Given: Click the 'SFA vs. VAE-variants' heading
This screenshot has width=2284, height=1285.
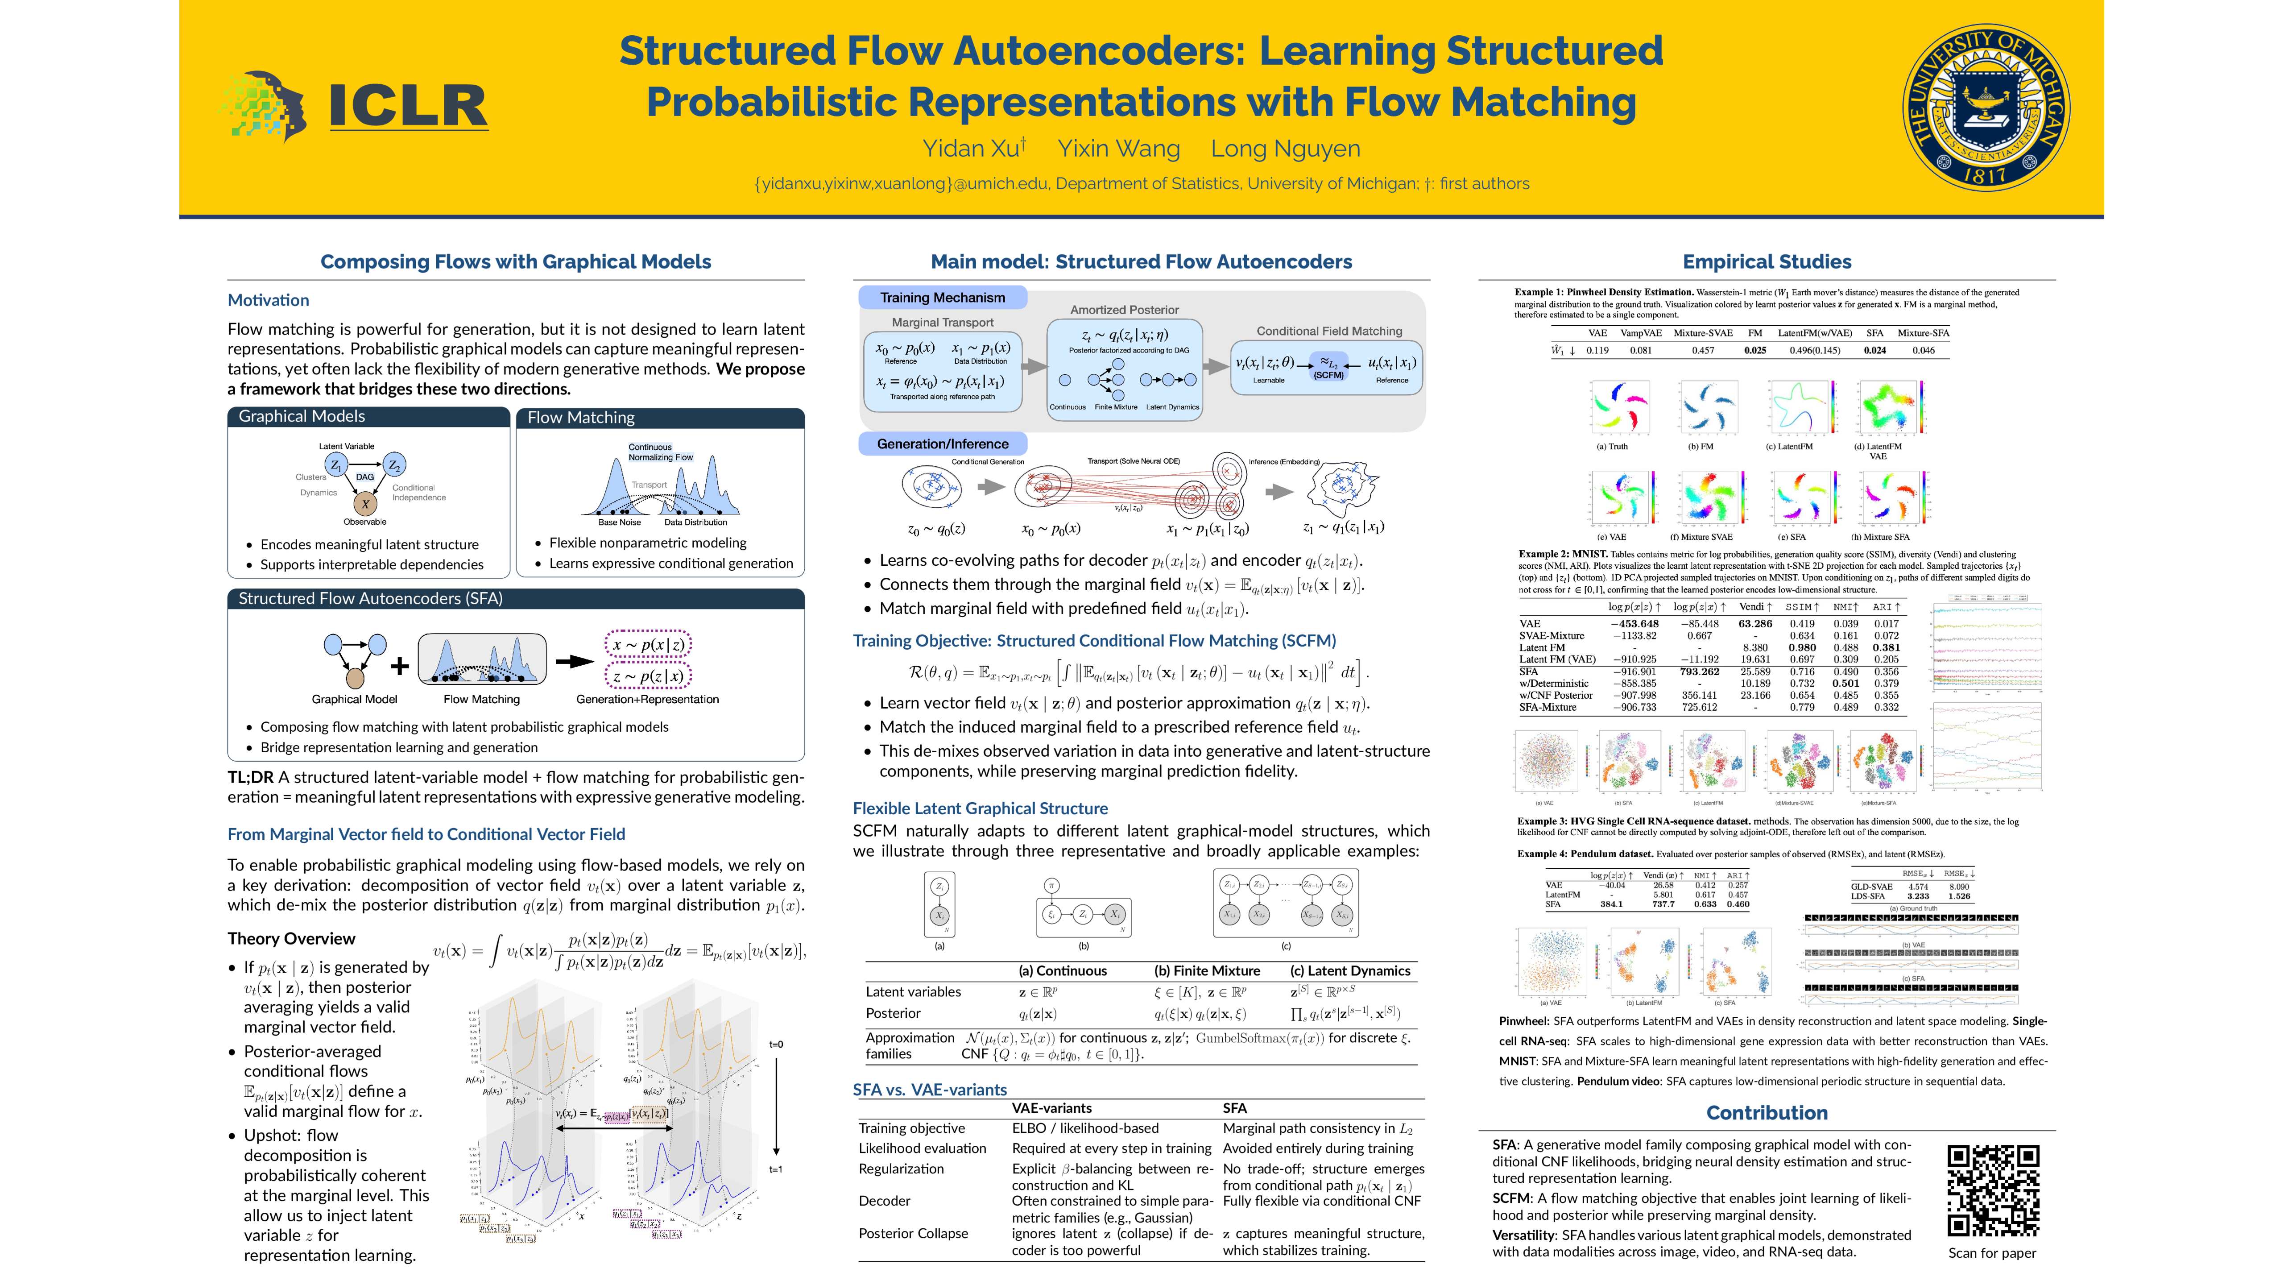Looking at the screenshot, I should coord(929,1089).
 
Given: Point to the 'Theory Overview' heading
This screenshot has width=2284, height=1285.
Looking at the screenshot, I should coord(291,938).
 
